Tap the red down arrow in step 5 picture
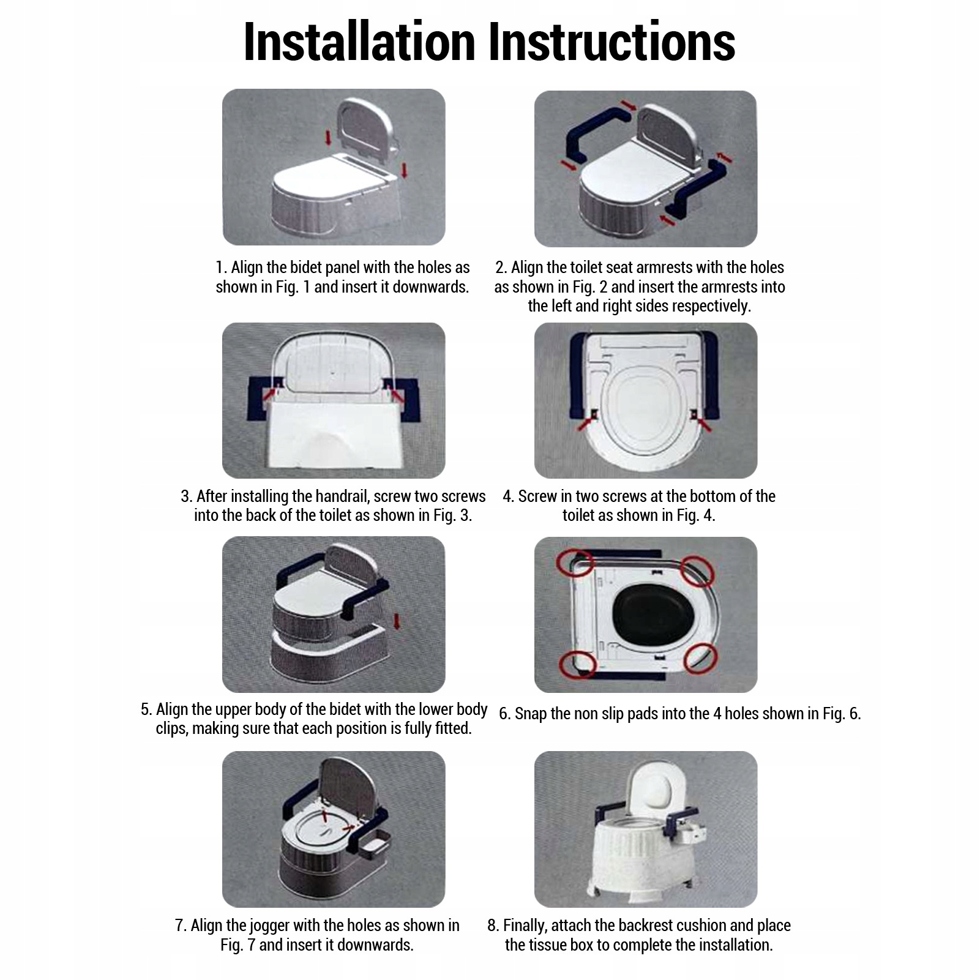click(x=397, y=623)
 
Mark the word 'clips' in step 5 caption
click(x=171, y=728)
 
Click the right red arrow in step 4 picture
click(x=703, y=423)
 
